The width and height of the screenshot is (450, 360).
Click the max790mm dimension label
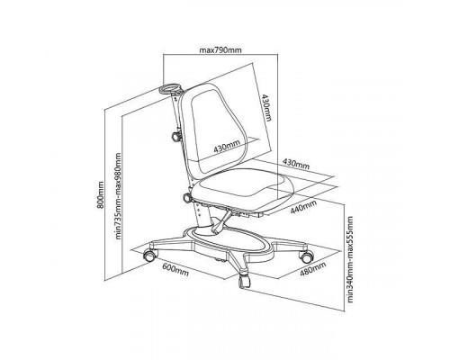click(x=220, y=49)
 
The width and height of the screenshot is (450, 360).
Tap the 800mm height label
click(x=101, y=194)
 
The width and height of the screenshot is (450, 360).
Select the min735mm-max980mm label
click(x=119, y=196)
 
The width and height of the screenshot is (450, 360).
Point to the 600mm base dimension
click(x=175, y=269)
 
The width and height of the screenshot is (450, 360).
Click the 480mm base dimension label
click(x=313, y=268)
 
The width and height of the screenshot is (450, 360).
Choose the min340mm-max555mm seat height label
click(x=350, y=259)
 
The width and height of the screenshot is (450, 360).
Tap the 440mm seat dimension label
click(x=303, y=207)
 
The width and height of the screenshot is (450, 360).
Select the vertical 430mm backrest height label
click(x=266, y=107)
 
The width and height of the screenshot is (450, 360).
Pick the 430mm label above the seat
click(x=296, y=164)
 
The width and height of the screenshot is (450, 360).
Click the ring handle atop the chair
click(x=171, y=89)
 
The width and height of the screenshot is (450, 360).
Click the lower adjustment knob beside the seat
click(x=187, y=198)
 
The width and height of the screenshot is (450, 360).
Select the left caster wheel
click(x=149, y=255)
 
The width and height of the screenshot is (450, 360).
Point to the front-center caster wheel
click(x=245, y=281)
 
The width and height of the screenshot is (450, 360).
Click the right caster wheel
click(x=306, y=256)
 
